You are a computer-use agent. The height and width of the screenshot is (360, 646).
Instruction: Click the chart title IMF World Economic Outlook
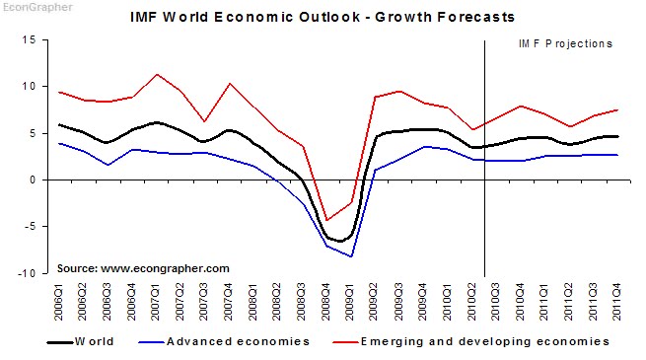click(x=323, y=18)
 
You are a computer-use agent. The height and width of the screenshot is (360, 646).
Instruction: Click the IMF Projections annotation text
click(x=565, y=43)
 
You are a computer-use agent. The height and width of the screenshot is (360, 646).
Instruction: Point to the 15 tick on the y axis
click(x=29, y=39)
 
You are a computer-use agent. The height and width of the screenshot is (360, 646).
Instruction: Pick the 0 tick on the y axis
click(x=32, y=180)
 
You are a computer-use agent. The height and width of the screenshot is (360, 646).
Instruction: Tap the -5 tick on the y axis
click(x=30, y=227)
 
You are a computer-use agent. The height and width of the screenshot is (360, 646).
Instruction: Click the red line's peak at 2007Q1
click(x=158, y=74)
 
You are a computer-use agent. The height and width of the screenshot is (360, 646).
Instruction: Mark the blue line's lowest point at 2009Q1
click(x=351, y=256)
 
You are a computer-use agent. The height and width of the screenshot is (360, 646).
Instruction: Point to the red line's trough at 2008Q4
click(x=326, y=221)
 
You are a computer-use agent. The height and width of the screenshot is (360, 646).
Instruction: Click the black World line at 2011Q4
click(x=618, y=137)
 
